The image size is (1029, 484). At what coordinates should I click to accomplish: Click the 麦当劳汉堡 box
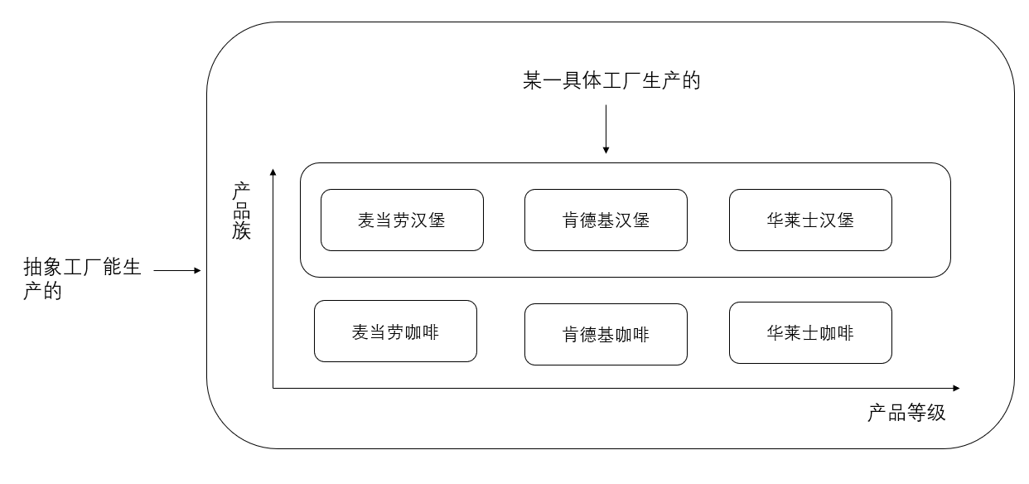click(402, 220)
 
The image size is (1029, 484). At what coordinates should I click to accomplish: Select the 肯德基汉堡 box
click(606, 220)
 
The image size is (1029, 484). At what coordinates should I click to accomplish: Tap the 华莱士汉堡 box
click(810, 220)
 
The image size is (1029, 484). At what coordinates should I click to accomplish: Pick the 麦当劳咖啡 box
click(395, 332)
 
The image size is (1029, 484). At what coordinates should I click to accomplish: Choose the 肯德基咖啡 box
click(606, 335)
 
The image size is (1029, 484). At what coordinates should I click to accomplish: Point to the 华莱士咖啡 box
click(810, 333)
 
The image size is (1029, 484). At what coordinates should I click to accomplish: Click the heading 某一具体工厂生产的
click(611, 80)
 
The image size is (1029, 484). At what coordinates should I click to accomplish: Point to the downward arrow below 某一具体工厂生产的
click(606, 128)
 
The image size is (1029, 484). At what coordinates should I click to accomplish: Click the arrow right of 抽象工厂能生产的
click(177, 270)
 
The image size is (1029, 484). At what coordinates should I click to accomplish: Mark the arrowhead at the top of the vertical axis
click(273, 172)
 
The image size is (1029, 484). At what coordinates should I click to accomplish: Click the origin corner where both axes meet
click(273, 388)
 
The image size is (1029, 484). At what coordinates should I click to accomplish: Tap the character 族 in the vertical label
click(241, 231)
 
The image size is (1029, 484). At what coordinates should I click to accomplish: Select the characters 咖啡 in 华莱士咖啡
click(836, 333)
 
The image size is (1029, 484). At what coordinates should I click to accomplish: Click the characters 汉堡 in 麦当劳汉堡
click(428, 220)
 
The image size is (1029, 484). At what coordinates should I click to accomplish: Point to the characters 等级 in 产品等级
click(926, 413)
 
